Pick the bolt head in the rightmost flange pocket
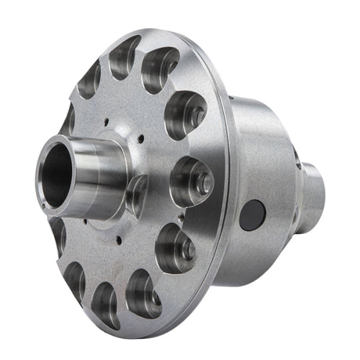click(203, 183)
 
